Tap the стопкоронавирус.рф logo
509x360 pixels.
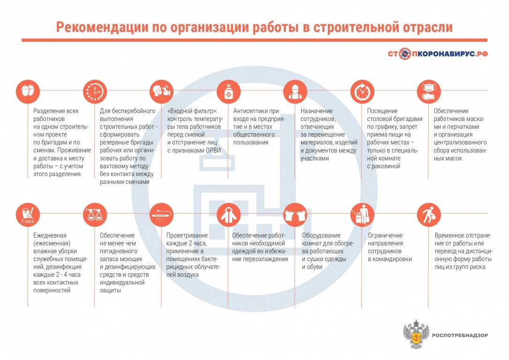(438, 54)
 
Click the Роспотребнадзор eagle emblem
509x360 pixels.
(416, 334)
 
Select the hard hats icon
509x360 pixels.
(28, 91)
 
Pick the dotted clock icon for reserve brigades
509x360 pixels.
(95, 91)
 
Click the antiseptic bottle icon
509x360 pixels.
(228, 91)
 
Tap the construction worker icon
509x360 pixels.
(295, 91)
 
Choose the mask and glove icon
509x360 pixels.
(429, 91)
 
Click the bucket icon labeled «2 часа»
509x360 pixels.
(28, 215)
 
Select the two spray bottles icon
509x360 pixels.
(95, 215)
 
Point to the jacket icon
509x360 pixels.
(228, 215)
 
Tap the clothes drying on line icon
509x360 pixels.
(295, 215)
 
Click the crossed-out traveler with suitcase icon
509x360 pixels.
(362, 215)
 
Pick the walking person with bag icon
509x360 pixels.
(429, 215)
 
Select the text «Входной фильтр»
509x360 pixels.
(192, 111)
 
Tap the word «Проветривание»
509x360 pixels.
(187, 235)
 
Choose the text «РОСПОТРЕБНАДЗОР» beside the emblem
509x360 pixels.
(460, 335)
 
